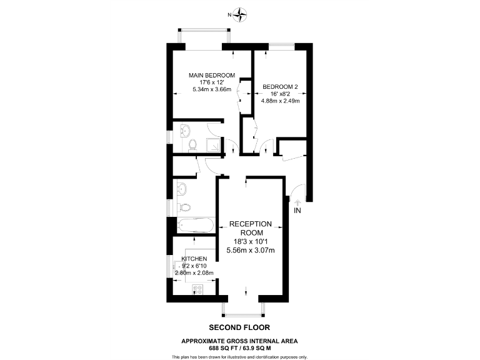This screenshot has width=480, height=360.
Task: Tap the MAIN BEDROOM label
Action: tap(212, 75)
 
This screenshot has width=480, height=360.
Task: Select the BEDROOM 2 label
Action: tap(280, 87)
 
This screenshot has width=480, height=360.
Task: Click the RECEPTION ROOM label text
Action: tap(251, 227)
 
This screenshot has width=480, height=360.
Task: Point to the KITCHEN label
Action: tap(194, 259)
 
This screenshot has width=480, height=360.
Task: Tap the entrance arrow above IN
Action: tap(297, 201)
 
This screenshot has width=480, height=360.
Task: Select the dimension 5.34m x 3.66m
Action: tap(211, 89)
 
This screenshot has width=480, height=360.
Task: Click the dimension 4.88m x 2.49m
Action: tap(281, 101)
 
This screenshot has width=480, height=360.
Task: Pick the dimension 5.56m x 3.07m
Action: tap(251, 250)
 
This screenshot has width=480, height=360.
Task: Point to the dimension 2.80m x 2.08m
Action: tap(194, 272)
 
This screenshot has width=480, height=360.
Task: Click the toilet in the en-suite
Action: tap(192, 145)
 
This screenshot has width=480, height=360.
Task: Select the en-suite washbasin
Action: tap(184, 131)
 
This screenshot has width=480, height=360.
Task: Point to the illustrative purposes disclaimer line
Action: tap(239, 356)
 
